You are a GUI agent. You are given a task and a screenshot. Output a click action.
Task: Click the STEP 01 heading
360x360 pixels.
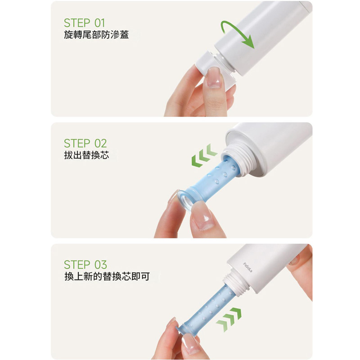pos(84,23)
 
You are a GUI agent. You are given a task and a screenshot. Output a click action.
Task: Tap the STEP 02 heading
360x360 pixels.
pos(85,144)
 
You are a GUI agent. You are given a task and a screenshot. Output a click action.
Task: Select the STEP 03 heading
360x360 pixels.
pos(85,265)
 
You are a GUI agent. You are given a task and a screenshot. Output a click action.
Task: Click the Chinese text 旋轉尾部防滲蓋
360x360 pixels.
pos(96,35)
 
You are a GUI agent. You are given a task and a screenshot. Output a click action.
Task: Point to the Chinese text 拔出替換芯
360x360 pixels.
pos(86,155)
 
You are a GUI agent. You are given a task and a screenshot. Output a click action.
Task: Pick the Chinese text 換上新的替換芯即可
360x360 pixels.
pos(107,276)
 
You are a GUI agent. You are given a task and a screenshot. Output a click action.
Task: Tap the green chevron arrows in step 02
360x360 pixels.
pos(204,155)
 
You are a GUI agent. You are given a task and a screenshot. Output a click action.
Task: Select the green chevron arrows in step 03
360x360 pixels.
pos(229,319)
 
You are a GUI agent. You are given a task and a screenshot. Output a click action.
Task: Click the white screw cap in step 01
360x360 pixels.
pos(208,64)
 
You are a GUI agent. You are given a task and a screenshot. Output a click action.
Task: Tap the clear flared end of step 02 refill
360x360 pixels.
pos(187,201)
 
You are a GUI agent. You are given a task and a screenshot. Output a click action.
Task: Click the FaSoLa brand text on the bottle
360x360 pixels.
pos(248,267)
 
